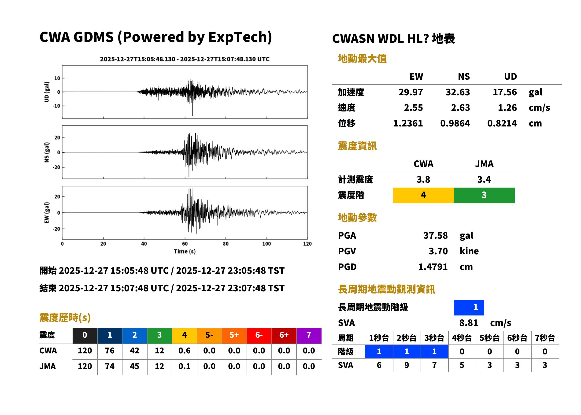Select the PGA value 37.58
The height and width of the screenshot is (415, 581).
(x=435, y=235)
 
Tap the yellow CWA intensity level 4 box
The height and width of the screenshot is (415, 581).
(x=423, y=195)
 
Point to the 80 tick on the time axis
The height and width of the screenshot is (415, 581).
(x=226, y=244)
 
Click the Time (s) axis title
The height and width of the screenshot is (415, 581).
(x=185, y=251)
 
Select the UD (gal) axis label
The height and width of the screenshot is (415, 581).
(x=47, y=92)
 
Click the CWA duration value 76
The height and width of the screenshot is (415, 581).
(x=110, y=351)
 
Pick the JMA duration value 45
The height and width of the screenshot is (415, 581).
(x=134, y=366)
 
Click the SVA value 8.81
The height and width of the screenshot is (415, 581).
(x=469, y=323)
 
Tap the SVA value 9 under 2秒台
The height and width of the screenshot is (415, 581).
(x=407, y=365)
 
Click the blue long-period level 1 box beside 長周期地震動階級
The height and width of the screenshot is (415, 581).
(x=469, y=308)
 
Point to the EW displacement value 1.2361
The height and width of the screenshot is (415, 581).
(x=408, y=123)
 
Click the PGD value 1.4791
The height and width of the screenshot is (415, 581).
(x=433, y=267)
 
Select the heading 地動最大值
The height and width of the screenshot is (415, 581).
(x=362, y=59)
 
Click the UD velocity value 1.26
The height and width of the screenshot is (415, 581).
(x=507, y=108)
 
